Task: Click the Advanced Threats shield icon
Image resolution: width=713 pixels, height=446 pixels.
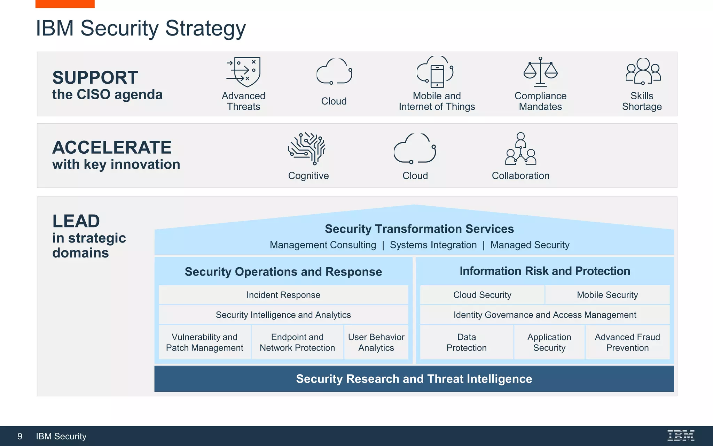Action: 244,72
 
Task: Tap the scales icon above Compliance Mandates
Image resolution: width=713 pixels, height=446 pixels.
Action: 540,72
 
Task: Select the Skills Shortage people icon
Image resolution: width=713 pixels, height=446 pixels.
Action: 643,71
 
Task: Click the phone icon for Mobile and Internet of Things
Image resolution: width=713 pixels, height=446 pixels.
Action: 437,76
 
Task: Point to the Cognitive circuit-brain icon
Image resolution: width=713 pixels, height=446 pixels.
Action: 307,148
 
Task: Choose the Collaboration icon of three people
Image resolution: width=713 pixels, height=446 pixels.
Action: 520,149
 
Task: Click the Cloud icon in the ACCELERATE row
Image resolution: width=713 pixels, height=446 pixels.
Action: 415,149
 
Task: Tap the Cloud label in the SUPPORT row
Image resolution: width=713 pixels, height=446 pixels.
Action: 334,101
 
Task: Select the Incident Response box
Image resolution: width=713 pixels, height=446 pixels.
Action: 283,295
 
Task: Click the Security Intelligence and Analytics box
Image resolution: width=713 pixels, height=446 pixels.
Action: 283,315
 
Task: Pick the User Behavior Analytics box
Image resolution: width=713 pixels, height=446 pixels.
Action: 376,342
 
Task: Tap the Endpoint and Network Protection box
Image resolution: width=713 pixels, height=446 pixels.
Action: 297,342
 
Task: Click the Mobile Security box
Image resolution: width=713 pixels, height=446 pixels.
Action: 607,295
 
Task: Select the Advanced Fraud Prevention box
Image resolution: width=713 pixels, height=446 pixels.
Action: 627,342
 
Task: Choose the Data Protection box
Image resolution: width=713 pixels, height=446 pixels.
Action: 466,342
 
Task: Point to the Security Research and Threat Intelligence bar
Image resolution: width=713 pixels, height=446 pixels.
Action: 414,379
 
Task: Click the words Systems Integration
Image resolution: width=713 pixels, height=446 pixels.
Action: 433,245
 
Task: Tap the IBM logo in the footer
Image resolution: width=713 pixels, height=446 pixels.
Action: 681,436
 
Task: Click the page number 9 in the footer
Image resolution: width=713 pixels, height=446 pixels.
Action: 20,436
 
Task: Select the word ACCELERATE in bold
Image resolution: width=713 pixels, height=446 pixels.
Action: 112,147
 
